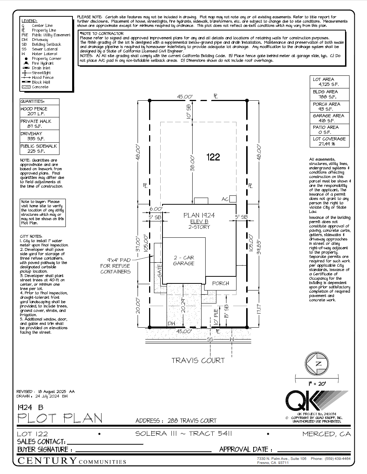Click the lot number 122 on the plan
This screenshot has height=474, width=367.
pyautogui.click(x=213, y=157)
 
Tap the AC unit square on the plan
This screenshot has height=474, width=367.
pyautogui.click(x=233, y=199)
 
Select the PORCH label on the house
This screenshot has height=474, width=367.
pyautogui.click(x=220, y=283)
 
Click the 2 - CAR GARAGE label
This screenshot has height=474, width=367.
pyautogui.click(x=184, y=260)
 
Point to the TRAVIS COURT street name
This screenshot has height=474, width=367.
pyautogui.click(x=198, y=360)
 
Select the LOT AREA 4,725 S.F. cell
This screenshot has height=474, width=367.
pyautogui.click(x=329, y=82)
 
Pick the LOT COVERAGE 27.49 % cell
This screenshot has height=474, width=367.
pyautogui.click(x=329, y=141)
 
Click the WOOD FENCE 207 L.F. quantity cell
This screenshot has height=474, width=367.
pyautogui.click(x=39, y=111)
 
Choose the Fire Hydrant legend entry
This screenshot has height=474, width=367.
pyautogui.click(x=42, y=64)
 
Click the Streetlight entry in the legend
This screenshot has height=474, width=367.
pyautogui.click(x=41, y=73)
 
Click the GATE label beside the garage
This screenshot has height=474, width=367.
pyautogui.click(x=160, y=270)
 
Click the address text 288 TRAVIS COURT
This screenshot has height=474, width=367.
pyautogui.click(x=191, y=421)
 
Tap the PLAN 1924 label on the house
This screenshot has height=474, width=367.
pyautogui.click(x=199, y=215)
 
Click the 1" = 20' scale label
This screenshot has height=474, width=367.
pyautogui.click(x=317, y=383)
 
